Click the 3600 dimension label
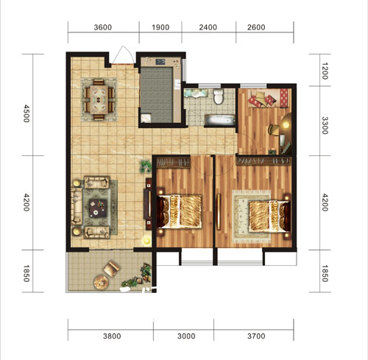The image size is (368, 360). pos(103,27)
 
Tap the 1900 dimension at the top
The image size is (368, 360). pos(160,27)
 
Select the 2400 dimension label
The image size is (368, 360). pos(208,27)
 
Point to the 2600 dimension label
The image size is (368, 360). pos(256,27)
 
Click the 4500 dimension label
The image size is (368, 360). pos(26,113)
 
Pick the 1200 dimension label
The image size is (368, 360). pos(325,71)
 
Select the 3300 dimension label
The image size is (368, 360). pos(325,126)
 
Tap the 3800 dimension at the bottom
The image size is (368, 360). pos(112,336)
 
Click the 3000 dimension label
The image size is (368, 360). pos(186,336)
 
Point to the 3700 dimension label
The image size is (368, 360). pos(256,336)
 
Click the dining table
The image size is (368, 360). pos(99,99)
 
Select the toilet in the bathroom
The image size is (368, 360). pos(218,96)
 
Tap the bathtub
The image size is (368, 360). pos(220,120)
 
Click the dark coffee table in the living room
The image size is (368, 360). pos(98,208)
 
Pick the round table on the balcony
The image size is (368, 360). pos(101,283)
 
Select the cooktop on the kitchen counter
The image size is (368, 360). pos(160,62)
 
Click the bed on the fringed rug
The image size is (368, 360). pos(269,216)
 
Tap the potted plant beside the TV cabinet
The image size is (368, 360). pos(145,166)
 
